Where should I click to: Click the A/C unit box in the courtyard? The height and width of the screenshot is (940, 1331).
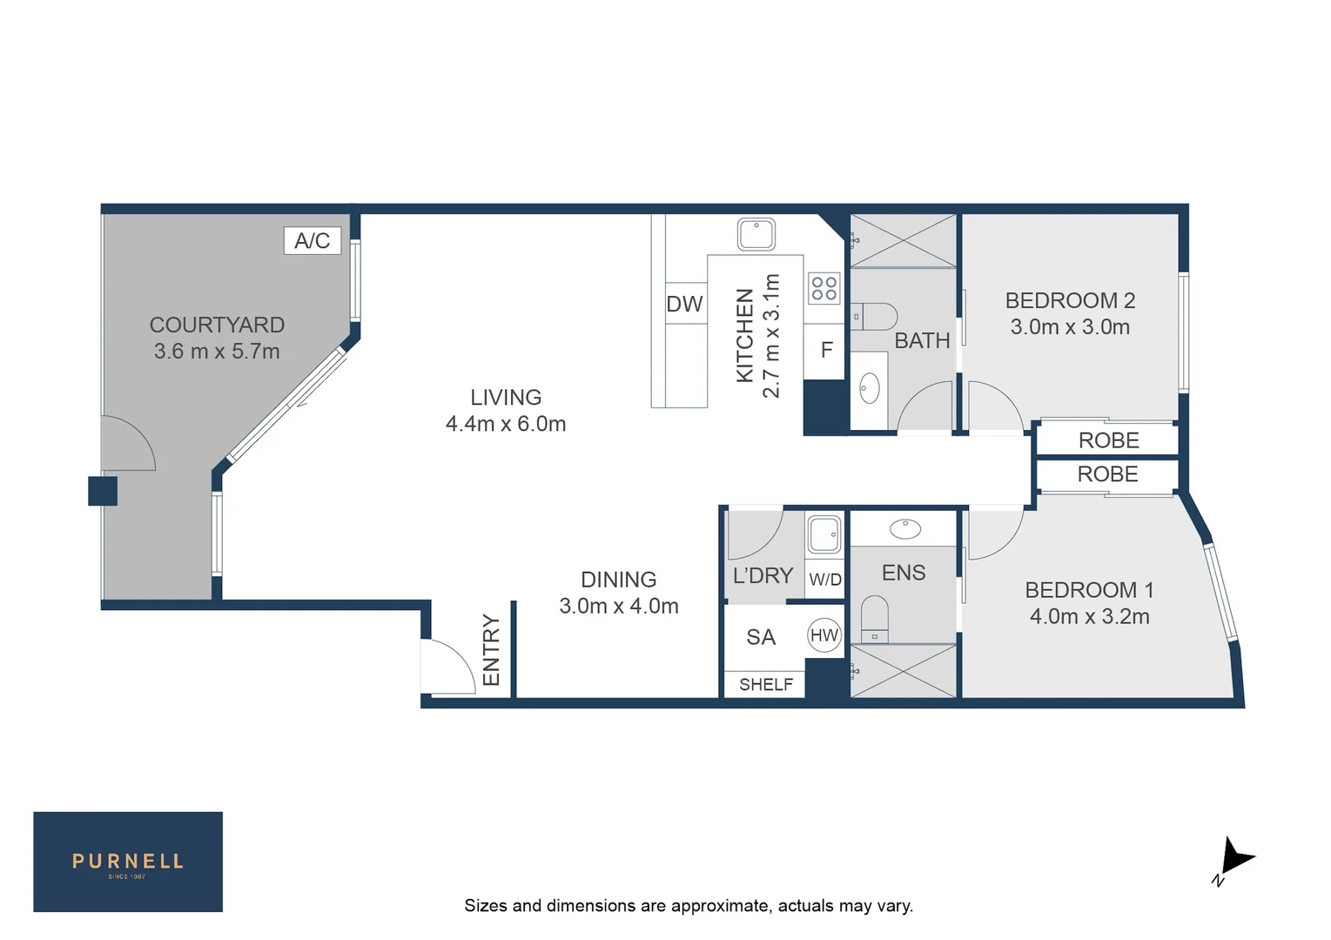[x=312, y=240]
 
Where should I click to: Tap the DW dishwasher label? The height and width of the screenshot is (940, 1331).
[x=684, y=305]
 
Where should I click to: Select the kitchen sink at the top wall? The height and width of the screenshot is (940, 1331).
[x=756, y=234]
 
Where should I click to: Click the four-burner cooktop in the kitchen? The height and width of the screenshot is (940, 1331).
[x=823, y=288]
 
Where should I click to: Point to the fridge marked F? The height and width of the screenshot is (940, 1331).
[x=826, y=350]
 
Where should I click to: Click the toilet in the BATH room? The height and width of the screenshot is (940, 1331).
[x=875, y=316]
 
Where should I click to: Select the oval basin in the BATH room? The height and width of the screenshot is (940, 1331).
[x=869, y=388]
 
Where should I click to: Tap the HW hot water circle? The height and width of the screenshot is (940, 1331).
[x=823, y=635]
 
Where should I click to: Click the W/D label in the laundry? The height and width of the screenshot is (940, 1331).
[x=824, y=580]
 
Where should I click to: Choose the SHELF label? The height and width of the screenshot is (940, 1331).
[x=765, y=685]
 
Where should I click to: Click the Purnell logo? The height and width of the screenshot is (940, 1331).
[x=128, y=862]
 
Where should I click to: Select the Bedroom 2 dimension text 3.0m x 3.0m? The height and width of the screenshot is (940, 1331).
[x=1070, y=328]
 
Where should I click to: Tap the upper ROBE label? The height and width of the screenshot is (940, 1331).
[x=1108, y=440]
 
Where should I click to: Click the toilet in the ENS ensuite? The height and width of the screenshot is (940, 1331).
[x=874, y=618]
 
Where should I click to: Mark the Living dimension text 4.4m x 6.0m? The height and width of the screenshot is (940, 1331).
[x=506, y=424]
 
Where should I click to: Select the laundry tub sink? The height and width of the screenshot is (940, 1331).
[x=823, y=534]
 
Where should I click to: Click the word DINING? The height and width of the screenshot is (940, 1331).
[x=618, y=580]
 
